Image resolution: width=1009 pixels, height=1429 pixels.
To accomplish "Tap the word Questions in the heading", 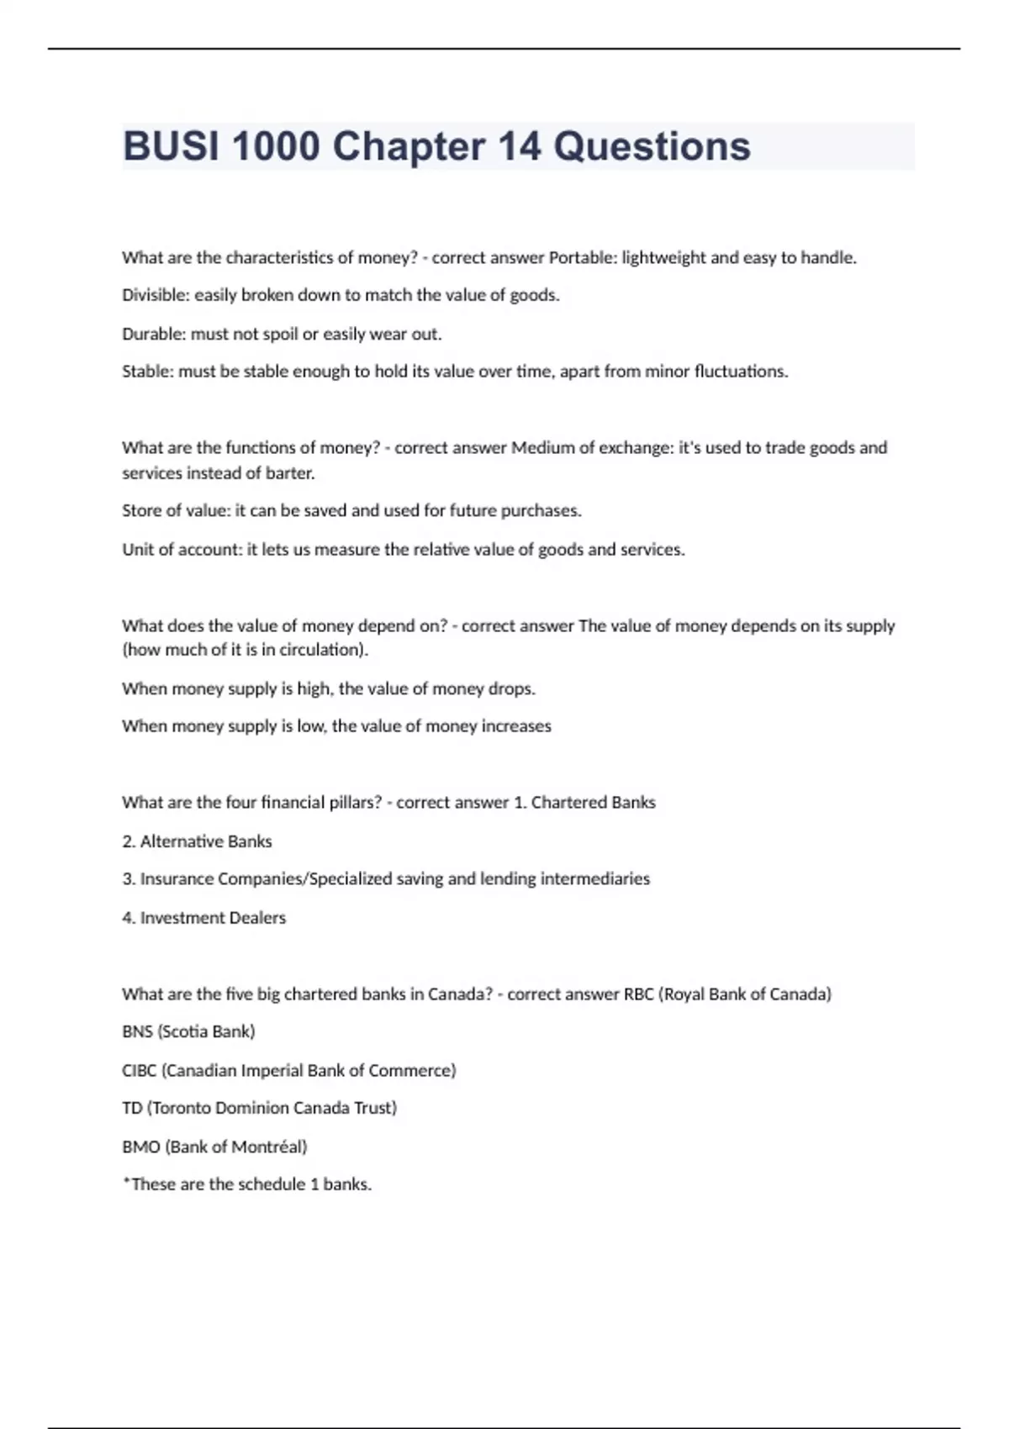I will pyautogui.click(x=652, y=146).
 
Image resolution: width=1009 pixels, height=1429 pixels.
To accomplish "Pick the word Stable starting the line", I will pyautogui.click(x=147, y=372).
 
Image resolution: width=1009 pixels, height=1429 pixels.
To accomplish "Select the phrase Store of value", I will pyautogui.click(x=174, y=511).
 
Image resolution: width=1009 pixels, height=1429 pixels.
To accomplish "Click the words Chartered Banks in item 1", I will pyautogui.click(x=593, y=803).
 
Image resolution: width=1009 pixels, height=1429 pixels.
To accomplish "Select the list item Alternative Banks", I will pyautogui.click(x=206, y=841).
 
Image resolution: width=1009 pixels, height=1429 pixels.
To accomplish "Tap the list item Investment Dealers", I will pyautogui.click(x=213, y=918).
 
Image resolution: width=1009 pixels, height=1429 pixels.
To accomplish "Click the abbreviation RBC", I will pyautogui.click(x=638, y=994).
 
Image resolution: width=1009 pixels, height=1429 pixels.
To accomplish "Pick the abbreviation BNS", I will pyautogui.click(x=137, y=1031).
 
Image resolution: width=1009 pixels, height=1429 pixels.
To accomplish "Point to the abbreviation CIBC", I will pyautogui.click(x=139, y=1071).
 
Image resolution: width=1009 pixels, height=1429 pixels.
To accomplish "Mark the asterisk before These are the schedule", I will pyautogui.click(x=126, y=1182).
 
